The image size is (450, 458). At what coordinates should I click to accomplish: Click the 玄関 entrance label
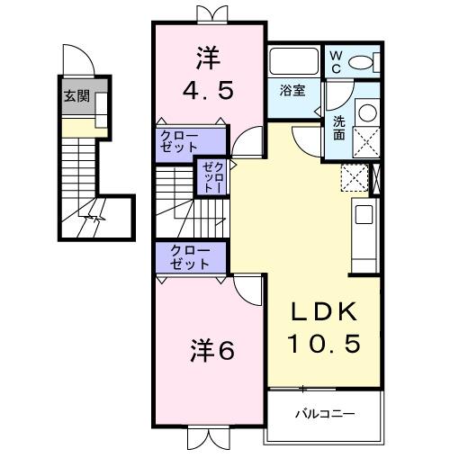(x=76, y=96)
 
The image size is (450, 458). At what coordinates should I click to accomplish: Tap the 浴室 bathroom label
(x=292, y=91)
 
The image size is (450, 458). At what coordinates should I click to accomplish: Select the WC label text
(x=335, y=60)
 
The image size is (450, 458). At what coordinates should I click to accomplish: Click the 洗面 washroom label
(x=338, y=127)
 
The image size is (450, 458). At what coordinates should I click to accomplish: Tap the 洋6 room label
(x=212, y=351)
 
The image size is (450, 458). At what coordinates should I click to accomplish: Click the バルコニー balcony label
(x=325, y=415)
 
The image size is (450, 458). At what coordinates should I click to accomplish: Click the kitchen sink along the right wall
(x=364, y=216)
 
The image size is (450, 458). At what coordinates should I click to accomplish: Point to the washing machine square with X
(x=366, y=143)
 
